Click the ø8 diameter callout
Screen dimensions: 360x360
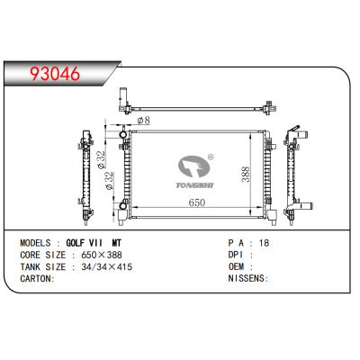143,121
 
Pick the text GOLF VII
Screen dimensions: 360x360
85,243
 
